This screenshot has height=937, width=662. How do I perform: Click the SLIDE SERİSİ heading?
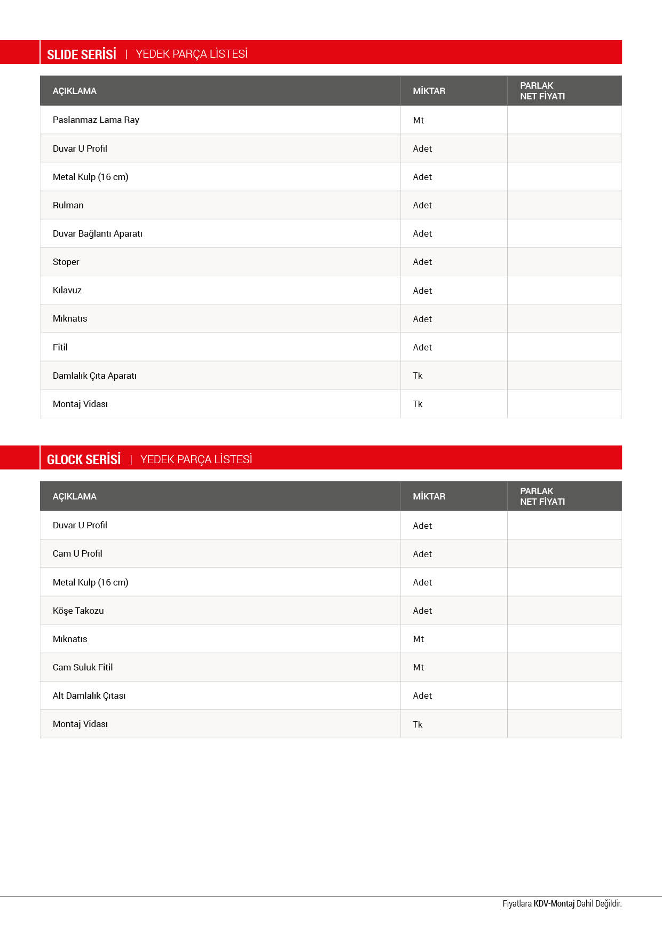[x=82, y=54]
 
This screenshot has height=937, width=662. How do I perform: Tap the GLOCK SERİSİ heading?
[x=84, y=459]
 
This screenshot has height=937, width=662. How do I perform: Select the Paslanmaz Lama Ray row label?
[x=96, y=120]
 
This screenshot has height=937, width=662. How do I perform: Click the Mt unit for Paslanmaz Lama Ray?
[x=418, y=120]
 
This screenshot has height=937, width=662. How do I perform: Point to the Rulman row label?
[x=68, y=205]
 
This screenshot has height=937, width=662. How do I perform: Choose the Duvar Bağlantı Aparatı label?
[x=97, y=233]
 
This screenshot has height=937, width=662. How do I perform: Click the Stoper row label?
[x=66, y=262]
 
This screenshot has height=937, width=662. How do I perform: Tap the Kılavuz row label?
[x=67, y=290]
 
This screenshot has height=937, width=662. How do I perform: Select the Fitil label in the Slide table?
[x=60, y=347]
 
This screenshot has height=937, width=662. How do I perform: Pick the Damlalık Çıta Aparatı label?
[x=94, y=376]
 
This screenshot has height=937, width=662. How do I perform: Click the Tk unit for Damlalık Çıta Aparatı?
[x=417, y=376]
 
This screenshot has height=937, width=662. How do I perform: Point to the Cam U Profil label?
[x=77, y=553]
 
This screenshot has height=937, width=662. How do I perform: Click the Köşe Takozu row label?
[x=78, y=611]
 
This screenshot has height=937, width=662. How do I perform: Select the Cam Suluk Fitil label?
[x=83, y=667]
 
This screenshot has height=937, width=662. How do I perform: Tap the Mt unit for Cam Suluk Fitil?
[x=418, y=667]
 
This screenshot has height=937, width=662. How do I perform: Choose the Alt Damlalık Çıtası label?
[x=89, y=696]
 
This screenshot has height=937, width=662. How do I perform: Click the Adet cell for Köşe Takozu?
[x=422, y=611]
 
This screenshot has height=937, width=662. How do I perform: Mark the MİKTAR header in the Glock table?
[x=429, y=496]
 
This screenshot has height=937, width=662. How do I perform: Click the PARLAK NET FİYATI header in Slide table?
[x=542, y=91]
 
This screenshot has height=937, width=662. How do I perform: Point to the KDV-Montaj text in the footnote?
[x=554, y=903]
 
